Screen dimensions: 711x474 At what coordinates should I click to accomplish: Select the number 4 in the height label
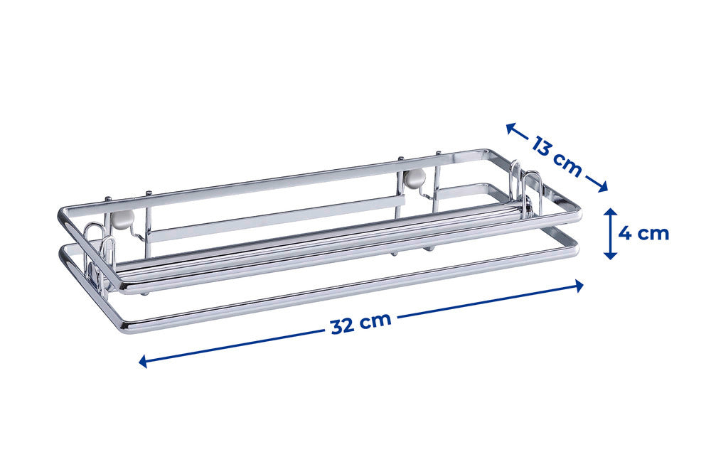click(x=626, y=234)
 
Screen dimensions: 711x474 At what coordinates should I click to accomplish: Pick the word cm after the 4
click(x=653, y=235)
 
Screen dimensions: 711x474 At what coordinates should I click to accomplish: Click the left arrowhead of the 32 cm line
click(x=144, y=361)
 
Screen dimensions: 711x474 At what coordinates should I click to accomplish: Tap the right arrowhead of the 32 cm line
click(x=578, y=286)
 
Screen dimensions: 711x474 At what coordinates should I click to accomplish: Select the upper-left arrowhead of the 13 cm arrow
click(x=511, y=129)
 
